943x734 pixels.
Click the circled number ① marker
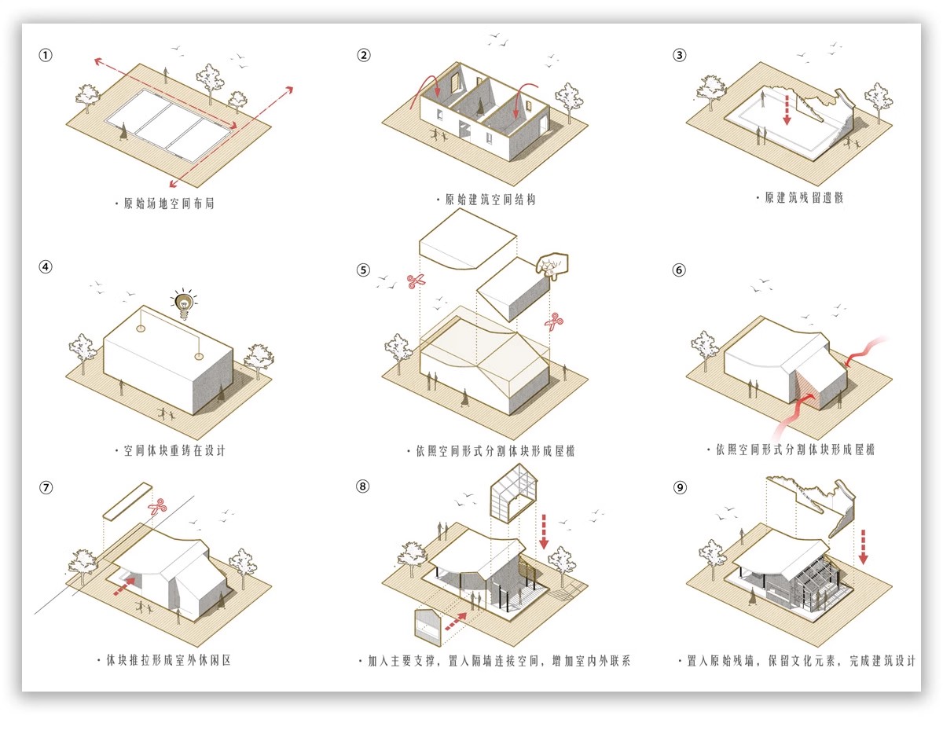pos(46,55)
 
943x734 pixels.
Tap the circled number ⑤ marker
pos(363,270)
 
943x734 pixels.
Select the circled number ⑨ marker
pos(680,487)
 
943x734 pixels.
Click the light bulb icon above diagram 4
pos(184,303)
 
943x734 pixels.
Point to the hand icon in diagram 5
pos(552,264)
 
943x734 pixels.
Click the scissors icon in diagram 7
pos(157,507)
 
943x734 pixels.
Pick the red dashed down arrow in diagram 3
pos(787,110)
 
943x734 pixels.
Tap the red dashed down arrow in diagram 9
pos(863,547)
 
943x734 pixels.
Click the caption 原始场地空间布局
pos(168,204)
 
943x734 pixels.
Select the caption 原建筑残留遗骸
pos(804,198)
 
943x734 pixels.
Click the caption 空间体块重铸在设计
pos(174,451)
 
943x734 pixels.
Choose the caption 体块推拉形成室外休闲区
pos(168,660)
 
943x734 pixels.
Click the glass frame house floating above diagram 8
pos(514,493)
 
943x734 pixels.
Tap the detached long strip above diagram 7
pos(127,500)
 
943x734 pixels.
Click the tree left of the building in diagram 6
pos(705,347)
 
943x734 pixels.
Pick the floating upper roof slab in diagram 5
pos(468,239)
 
